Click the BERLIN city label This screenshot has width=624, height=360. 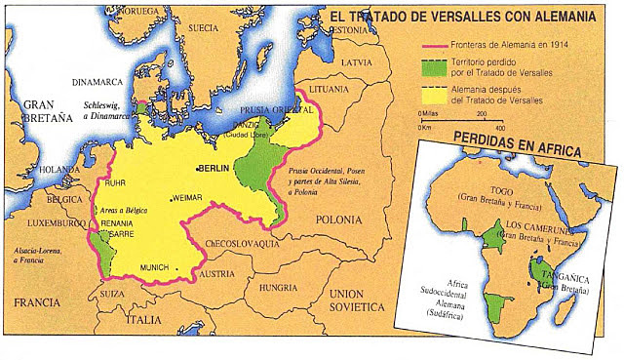(216, 169)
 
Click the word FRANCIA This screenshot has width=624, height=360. (32, 301)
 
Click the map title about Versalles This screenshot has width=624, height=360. (473, 18)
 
